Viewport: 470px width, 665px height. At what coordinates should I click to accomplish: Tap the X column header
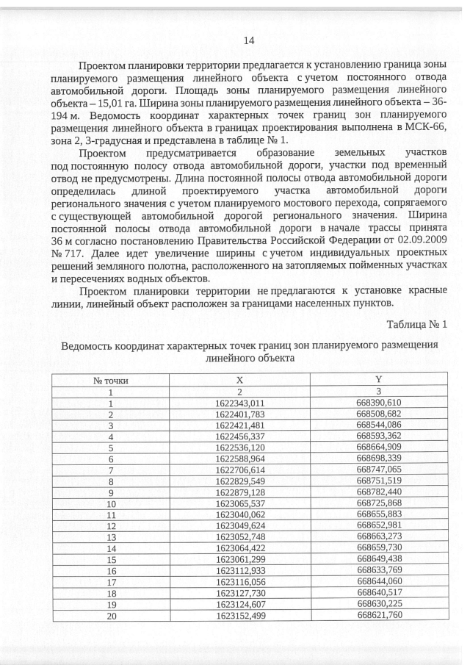click(239, 380)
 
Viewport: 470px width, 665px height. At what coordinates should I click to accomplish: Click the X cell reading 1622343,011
click(239, 403)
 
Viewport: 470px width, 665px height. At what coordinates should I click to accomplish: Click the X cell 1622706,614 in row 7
click(239, 470)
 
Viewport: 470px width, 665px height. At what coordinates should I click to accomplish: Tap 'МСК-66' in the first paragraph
click(426, 128)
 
